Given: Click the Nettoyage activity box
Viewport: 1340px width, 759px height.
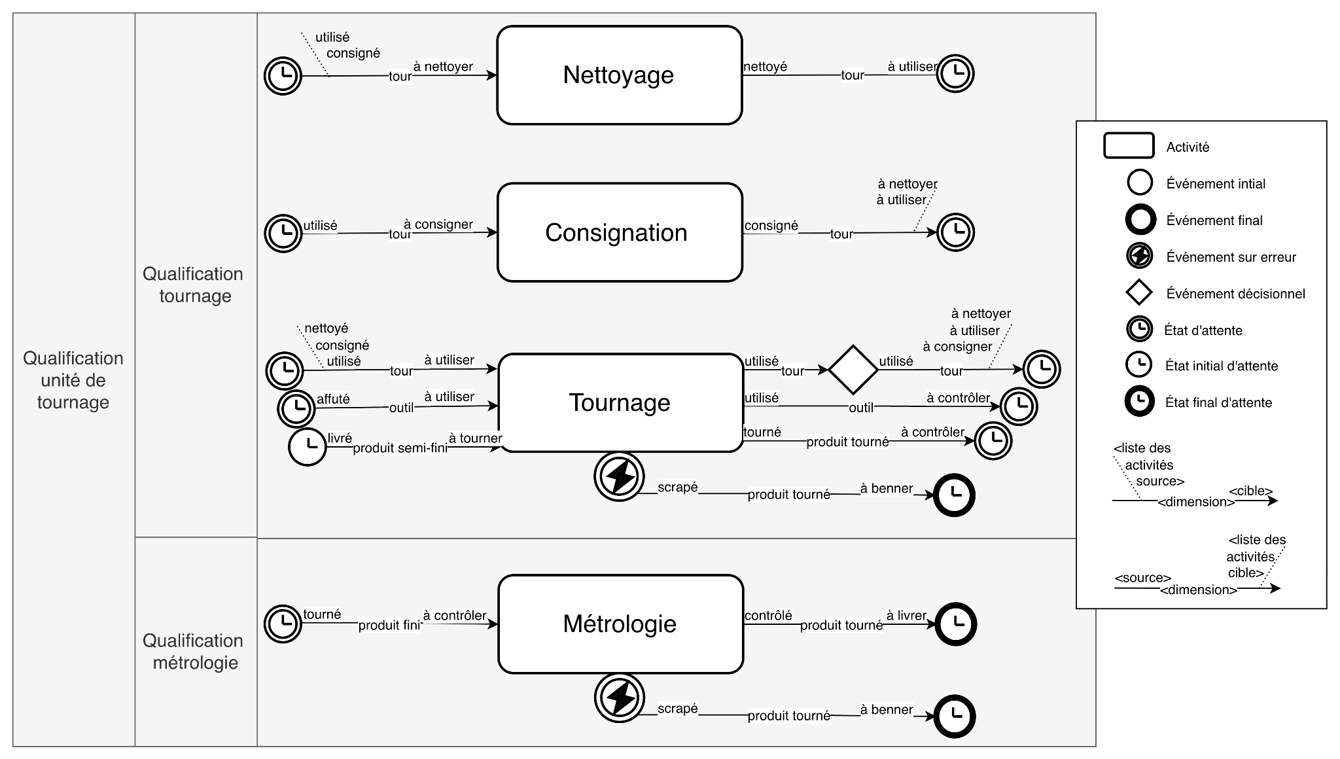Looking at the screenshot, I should coord(619,75).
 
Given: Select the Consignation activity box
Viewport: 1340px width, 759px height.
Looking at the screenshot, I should coord(619,232).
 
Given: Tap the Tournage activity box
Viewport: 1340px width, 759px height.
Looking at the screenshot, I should coord(620,402).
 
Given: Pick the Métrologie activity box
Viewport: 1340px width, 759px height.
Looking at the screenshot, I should coord(620,624).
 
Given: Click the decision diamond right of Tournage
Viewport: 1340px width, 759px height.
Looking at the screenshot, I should coord(853,370).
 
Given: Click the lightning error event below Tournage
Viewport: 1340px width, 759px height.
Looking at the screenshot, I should coord(619,476).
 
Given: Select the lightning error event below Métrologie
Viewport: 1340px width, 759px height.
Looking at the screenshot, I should coord(619,697).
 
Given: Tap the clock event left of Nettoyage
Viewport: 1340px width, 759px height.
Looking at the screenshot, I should coord(283,76).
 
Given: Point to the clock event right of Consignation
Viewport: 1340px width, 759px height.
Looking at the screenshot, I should coord(955,232).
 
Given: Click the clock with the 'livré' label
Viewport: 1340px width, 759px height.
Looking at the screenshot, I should coord(307,447).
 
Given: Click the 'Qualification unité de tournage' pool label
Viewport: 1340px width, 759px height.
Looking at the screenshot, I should coord(73,380).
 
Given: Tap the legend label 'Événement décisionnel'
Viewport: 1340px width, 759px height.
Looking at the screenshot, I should coord(1235,294).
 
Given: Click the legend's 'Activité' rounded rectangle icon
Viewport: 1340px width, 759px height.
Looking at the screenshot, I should coord(1129,146).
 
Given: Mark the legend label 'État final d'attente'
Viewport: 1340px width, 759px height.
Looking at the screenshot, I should coord(1218,402).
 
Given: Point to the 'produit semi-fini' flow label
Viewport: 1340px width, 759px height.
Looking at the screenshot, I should coord(400,449).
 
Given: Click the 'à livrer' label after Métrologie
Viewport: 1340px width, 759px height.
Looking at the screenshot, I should coord(906,615).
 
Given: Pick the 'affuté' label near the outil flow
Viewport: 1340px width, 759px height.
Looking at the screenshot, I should coord(333,399).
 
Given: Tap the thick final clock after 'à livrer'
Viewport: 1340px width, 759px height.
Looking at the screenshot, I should coord(955,624).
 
